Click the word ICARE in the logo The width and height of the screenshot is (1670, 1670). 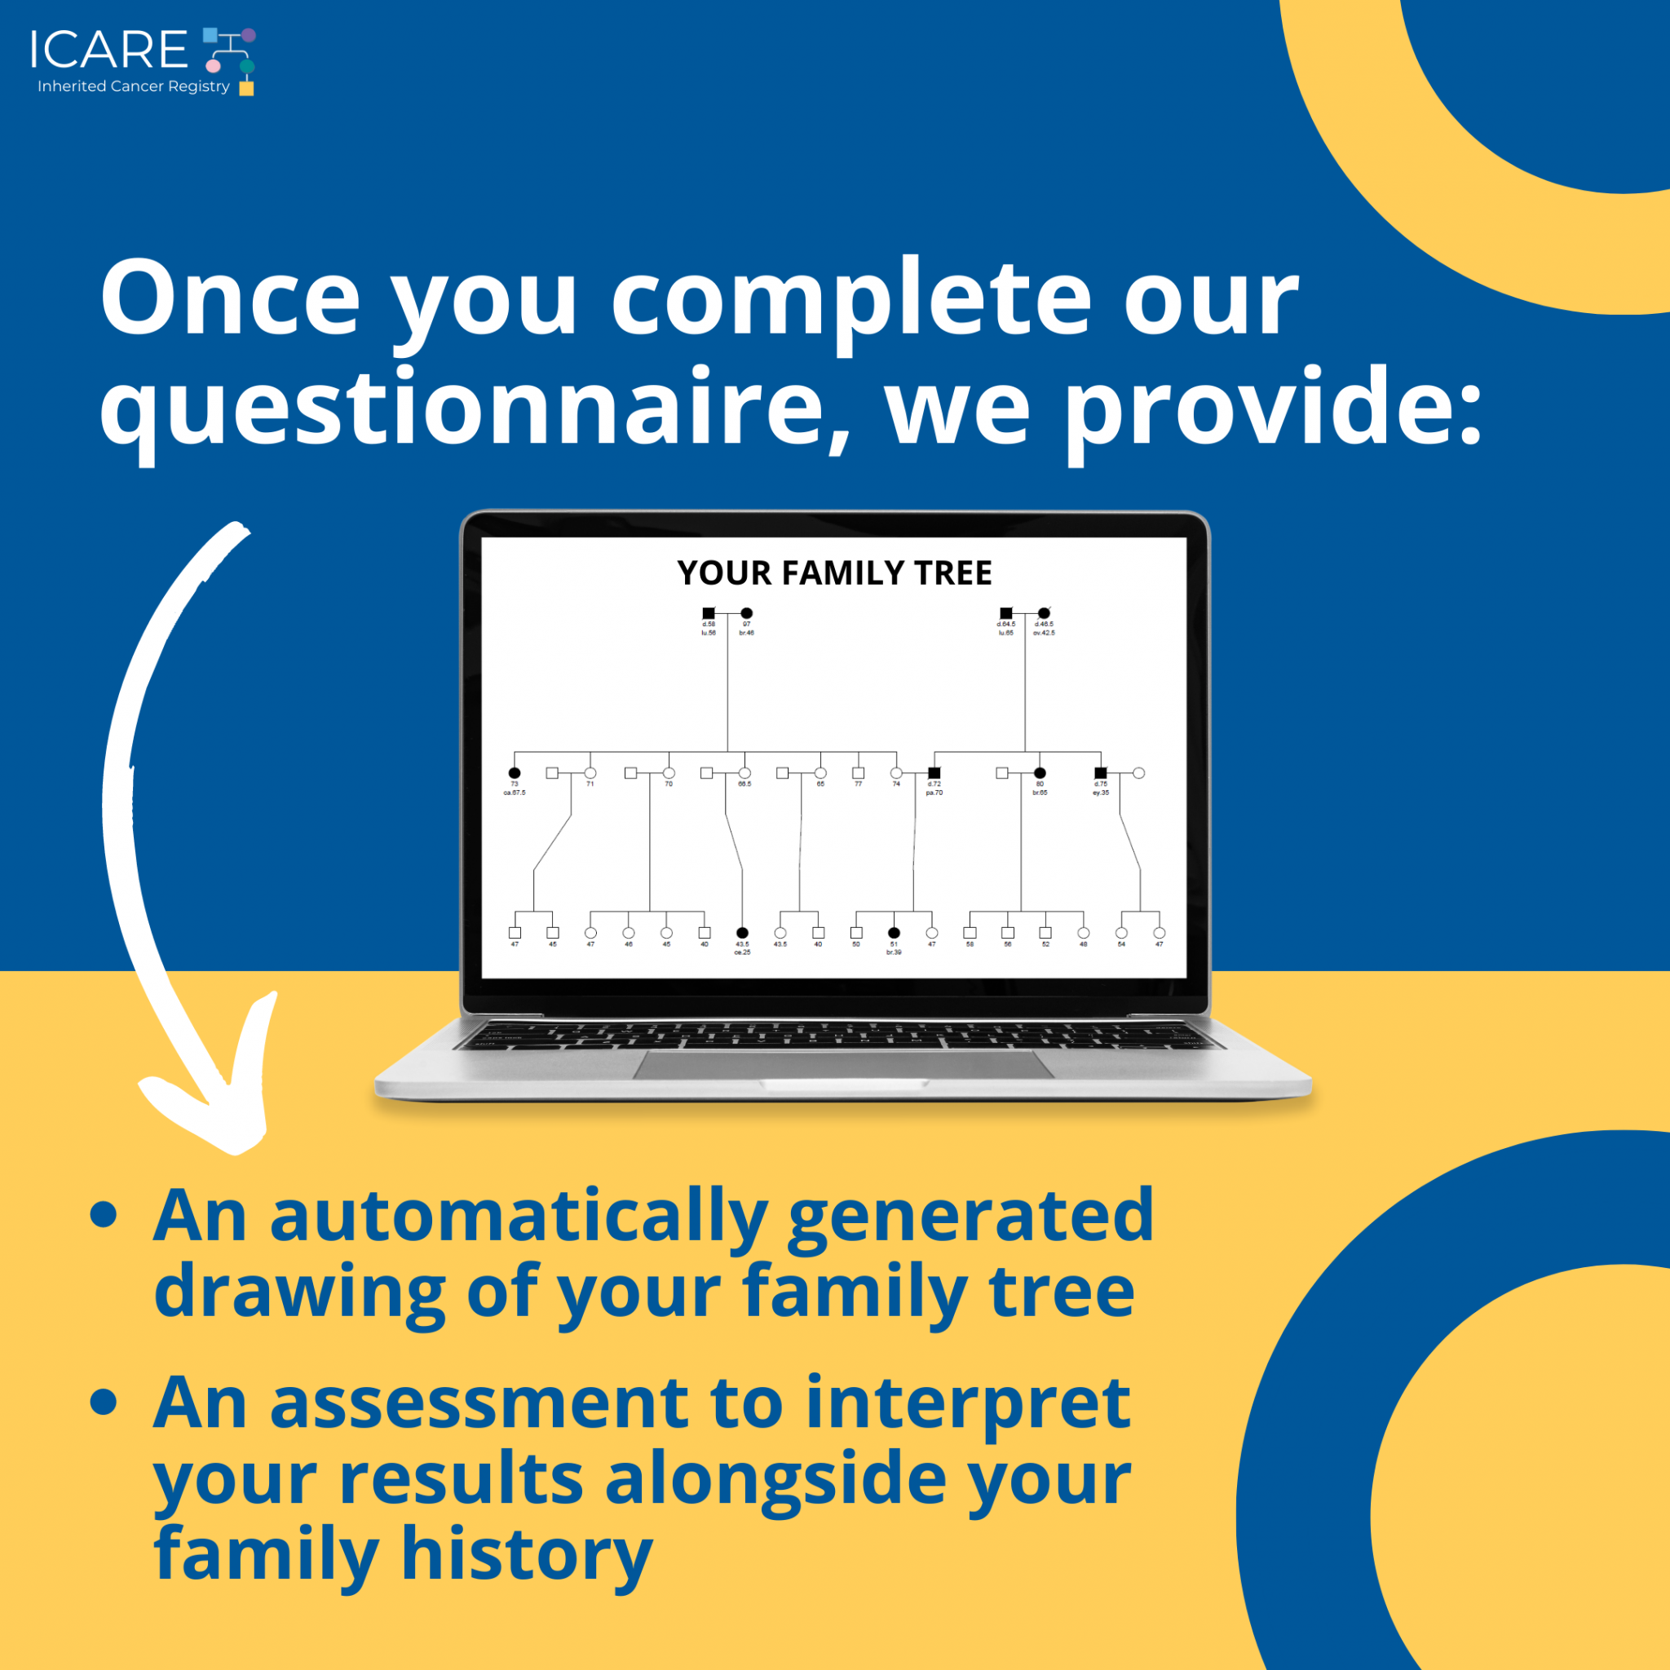click(108, 49)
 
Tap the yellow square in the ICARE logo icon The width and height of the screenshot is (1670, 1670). click(246, 88)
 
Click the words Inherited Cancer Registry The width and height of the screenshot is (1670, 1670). click(133, 86)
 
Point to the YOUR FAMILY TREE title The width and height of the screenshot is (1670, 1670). click(834, 573)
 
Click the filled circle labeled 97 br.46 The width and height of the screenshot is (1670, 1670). click(747, 613)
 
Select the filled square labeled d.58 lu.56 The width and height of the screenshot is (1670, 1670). click(709, 613)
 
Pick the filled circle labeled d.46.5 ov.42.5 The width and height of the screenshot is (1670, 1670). click(1045, 613)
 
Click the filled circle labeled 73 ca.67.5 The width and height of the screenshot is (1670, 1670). click(515, 773)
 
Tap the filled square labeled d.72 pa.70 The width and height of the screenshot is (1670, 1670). click(934, 773)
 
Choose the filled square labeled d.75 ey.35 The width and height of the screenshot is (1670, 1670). click(1100, 773)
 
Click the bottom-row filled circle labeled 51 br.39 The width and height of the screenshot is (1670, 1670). click(894, 933)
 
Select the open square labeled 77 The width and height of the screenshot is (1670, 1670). click(859, 773)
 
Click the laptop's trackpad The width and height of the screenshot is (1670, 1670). click(843, 1065)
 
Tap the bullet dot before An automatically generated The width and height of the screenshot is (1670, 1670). click(104, 1213)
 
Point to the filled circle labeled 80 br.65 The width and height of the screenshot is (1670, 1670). click(1040, 773)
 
